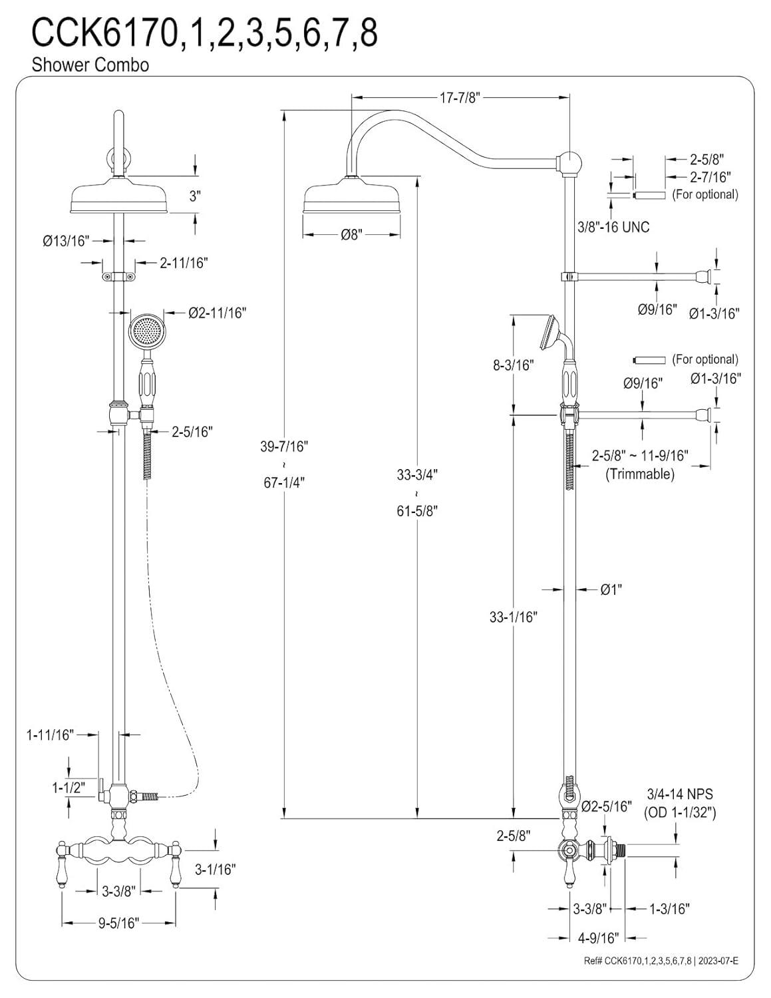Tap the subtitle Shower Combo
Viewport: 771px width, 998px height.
(x=90, y=65)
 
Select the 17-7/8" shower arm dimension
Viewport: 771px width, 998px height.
(x=460, y=98)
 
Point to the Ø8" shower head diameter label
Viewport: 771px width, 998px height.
(x=351, y=235)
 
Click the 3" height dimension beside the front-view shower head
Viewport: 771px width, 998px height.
(x=195, y=196)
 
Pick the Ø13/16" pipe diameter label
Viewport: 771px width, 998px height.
(x=66, y=241)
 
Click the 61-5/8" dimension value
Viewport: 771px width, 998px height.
(x=417, y=511)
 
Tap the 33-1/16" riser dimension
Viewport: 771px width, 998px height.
(x=513, y=617)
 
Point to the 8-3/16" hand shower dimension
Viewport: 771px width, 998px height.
(x=513, y=365)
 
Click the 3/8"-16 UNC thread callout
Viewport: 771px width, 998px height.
(x=613, y=227)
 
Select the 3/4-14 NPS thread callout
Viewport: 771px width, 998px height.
(x=679, y=794)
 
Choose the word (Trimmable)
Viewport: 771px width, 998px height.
(x=639, y=474)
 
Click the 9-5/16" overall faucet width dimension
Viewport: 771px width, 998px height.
(x=118, y=923)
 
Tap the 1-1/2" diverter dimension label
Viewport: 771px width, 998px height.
(x=70, y=788)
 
